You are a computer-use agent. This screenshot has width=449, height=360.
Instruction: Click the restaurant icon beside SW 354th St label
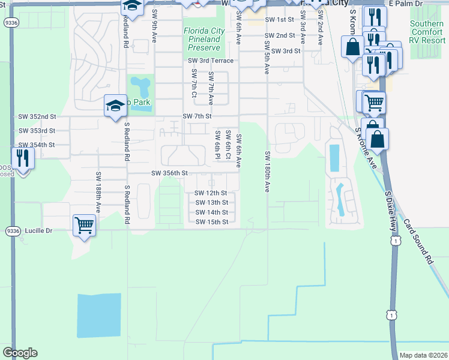pos(23,159)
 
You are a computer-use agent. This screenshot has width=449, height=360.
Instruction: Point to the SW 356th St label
pos(170,173)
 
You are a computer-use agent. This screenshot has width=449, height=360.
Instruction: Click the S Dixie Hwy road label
pos(391,211)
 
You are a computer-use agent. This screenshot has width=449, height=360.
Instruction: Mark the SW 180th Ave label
pos(267,172)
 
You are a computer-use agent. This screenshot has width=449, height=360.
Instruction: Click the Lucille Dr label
pos(40,230)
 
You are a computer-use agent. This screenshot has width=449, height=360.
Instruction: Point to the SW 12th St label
pos(211,193)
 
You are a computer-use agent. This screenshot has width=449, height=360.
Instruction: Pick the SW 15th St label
pos(212,222)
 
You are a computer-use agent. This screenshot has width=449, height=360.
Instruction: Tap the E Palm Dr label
pos(406,4)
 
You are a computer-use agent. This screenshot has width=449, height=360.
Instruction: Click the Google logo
pos(20,353)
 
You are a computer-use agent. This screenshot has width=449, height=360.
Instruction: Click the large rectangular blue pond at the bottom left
pos(99,318)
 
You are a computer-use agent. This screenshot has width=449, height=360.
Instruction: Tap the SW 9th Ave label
pos(155,26)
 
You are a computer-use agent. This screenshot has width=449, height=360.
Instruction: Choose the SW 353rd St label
pos(37,131)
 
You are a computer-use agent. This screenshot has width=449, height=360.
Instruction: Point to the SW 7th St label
pos(197,116)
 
